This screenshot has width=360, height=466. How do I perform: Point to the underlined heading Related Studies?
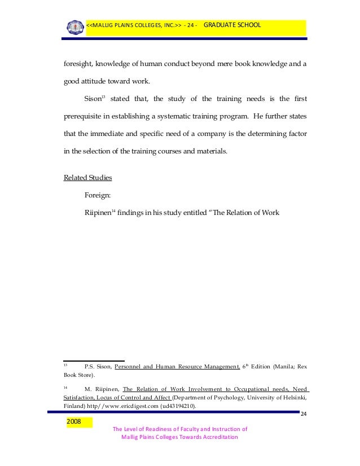click(87, 178)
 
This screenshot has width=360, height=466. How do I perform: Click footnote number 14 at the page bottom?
click(65, 388)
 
